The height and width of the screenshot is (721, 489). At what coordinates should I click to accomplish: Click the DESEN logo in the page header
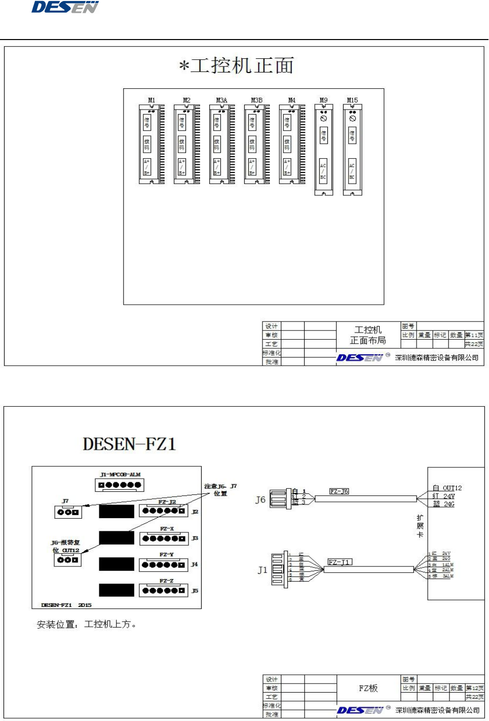tap(65, 7)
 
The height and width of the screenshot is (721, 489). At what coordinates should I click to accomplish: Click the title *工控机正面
tap(236, 66)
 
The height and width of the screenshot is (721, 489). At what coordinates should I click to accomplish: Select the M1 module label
tap(152, 100)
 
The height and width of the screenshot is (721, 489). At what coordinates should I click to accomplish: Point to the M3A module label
tap(221, 100)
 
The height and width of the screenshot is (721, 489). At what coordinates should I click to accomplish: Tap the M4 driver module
tap(292, 145)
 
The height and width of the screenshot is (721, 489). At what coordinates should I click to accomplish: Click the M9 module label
tap(324, 100)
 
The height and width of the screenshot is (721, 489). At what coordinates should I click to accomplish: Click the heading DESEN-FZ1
tap(129, 444)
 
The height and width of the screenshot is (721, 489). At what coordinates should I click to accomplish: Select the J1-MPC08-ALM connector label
tap(120, 475)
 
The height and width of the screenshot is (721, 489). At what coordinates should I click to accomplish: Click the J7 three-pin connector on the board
tap(68, 512)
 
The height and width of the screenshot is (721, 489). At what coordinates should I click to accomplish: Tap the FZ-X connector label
tap(167, 529)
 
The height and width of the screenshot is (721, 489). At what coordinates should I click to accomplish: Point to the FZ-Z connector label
tap(167, 581)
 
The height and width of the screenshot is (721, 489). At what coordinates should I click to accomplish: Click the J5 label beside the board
tap(195, 591)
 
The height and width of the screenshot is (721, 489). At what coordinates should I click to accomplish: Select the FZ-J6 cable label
tap(339, 491)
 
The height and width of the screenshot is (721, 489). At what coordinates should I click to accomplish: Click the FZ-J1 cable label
tap(339, 562)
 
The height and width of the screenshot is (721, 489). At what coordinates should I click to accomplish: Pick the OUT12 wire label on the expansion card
tap(452, 488)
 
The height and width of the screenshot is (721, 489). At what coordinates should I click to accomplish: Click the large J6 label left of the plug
tap(260, 500)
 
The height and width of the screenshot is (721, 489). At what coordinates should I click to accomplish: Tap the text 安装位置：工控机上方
tap(87, 624)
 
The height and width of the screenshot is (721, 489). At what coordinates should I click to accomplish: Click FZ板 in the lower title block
tap(368, 688)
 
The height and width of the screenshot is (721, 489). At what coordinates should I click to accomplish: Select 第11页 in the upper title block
tap(474, 335)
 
